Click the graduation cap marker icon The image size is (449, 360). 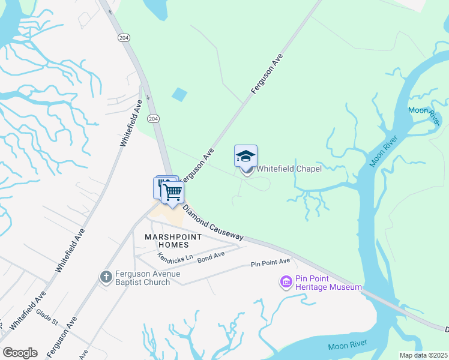(246, 157)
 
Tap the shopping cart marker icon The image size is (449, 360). (173, 193)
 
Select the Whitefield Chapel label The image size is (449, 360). (289, 169)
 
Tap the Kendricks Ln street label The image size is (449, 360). (175, 259)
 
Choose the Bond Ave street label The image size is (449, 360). (211, 256)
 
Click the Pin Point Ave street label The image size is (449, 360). (270, 263)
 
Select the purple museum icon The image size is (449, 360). (286, 281)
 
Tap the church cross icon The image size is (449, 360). (106, 277)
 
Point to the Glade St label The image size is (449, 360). (46, 316)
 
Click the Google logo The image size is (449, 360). (20, 353)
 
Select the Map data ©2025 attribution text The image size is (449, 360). (423, 355)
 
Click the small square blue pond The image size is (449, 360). (179, 94)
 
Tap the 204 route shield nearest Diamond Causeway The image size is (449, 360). (154, 119)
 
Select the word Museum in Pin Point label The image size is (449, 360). (348, 287)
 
